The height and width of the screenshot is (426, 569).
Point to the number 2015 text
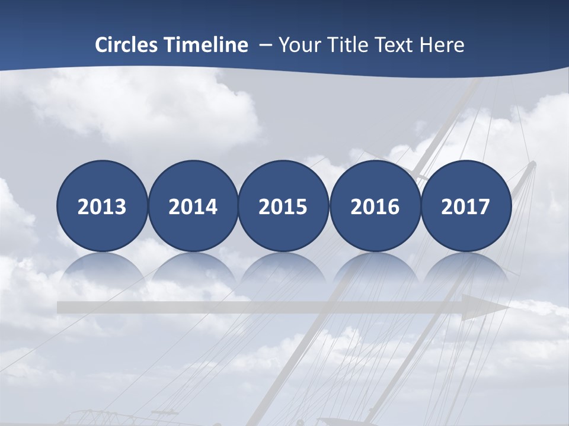[x=283, y=207]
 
